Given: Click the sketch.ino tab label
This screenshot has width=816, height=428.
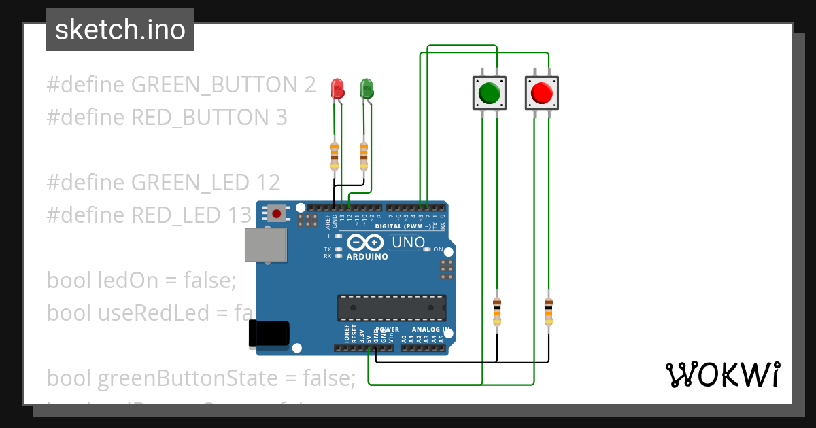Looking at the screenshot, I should [x=120, y=30].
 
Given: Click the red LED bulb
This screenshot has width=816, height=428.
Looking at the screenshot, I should [x=337, y=88].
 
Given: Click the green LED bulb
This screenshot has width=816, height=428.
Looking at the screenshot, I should [x=367, y=87].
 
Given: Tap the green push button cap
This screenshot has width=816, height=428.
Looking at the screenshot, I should [x=490, y=92].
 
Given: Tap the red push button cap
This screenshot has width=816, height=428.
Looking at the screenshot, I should [x=542, y=92].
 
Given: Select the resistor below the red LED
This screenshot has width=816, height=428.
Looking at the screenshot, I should [x=334, y=156].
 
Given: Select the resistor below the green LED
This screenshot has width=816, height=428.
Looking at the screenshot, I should [x=364, y=156].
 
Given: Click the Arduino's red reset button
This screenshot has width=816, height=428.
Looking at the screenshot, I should [x=277, y=213].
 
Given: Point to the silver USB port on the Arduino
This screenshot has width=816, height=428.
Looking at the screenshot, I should [x=266, y=245].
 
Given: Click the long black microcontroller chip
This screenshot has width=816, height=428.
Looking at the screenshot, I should [x=392, y=307].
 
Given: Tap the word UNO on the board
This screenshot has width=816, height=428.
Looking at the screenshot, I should [x=407, y=242].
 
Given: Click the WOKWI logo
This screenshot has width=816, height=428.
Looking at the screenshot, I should [x=722, y=374].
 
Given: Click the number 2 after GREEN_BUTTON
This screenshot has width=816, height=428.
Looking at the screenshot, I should [x=309, y=85].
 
